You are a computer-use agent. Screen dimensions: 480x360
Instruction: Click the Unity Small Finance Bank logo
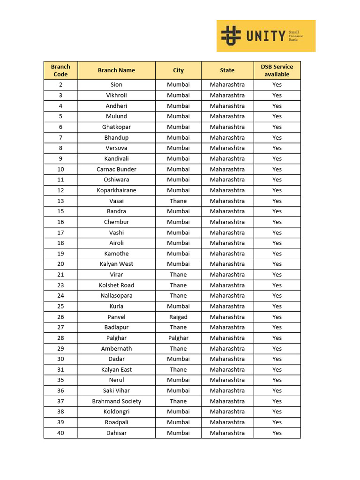click(266, 36)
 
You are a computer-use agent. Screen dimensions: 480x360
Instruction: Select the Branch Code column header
click(60, 70)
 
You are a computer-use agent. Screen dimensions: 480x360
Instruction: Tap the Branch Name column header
click(116, 70)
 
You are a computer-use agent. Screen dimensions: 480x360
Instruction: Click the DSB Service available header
click(277, 70)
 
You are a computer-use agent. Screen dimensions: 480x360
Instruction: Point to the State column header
click(227, 70)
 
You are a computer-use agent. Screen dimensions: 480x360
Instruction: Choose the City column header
click(178, 70)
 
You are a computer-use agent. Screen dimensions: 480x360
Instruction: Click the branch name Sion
click(116, 85)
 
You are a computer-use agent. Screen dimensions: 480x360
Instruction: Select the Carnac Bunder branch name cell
click(116, 169)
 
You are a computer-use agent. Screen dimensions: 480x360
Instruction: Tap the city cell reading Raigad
click(178, 317)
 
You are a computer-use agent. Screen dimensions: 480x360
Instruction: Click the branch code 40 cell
click(60, 433)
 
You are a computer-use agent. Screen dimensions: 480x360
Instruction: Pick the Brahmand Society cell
click(116, 401)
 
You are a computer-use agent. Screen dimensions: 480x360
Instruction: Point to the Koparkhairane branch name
click(116, 190)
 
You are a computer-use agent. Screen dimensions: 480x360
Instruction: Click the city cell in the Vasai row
click(178, 201)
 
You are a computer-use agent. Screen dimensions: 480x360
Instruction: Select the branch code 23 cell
click(60, 285)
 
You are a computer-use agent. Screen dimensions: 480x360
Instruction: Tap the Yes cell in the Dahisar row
click(277, 433)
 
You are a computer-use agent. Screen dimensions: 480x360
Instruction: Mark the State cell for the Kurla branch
click(227, 306)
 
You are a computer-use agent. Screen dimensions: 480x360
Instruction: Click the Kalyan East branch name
click(116, 369)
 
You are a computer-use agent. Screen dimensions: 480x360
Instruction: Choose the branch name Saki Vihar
click(116, 390)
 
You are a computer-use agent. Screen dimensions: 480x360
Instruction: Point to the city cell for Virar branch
click(178, 275)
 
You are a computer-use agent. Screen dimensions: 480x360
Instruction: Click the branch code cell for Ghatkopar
click(60, 127)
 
